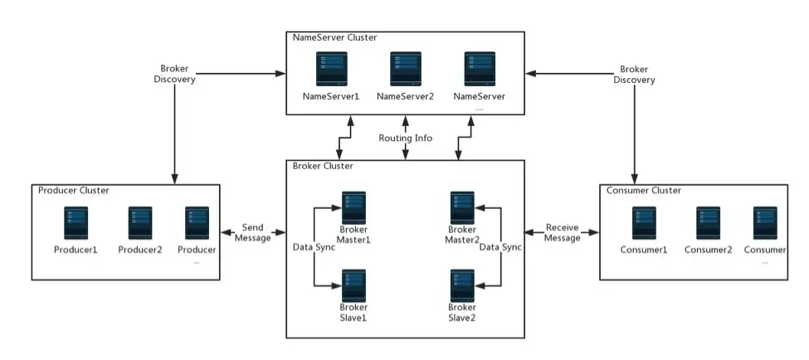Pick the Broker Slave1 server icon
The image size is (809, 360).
[354, 285]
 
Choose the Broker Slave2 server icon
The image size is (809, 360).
[462, 285]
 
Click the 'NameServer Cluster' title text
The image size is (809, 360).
[334, 38]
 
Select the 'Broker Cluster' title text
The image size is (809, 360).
[323, 166]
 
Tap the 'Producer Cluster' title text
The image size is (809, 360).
[74, 190]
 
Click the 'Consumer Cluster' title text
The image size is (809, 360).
[644, 190]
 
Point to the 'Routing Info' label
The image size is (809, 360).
[405, 138]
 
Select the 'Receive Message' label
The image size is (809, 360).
[562, 232]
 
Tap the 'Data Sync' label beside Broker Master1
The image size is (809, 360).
[314, 247]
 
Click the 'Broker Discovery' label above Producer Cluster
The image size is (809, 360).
[174, 74]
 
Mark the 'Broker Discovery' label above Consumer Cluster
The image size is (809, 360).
[635, 74]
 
